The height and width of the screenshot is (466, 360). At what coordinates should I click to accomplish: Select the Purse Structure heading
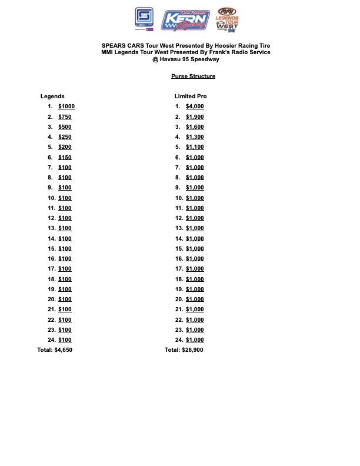pyautogui.click(x=194, y=76)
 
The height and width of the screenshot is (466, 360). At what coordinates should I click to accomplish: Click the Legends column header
pyautogui.click(x=52, y=96)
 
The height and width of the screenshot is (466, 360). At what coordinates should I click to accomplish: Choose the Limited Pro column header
pyautogui.click(x=191, y=96)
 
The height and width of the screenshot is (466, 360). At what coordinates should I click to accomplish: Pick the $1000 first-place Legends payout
pyautogui.click(x=66, y=106)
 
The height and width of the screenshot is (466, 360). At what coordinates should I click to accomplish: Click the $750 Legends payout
pyautogui.click(x=65, y=116)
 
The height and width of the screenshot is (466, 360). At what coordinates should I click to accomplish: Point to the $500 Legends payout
pyautogui.click(x=65, y=127)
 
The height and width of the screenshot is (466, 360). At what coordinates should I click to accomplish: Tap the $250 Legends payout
pyautogui.click(x=65, y=137)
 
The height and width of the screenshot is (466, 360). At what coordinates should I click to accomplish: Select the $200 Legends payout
pyautogui.click(x=65, y=147)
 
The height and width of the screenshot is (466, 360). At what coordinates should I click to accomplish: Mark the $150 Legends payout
pyautogui.click(x=65, y=157)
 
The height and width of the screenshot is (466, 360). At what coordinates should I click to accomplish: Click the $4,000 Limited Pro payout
pyautogui.click(x=195, y=106)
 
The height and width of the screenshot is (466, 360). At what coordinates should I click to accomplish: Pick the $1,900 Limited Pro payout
pyautogui.click(x=195, y=116)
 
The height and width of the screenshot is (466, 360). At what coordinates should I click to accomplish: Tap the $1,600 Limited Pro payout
pyautogui.click(x=195, y=127)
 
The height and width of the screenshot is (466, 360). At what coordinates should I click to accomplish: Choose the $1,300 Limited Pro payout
pyautogui.click(x=195, y=137)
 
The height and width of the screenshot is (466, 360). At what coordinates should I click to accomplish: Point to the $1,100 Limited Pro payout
pyautogui.click(x=195, y=147)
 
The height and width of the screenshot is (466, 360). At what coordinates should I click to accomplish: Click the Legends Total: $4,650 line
pyautogui.click(x=55, y=350)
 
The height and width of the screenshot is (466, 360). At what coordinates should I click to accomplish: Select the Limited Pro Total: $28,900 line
pyautogui.click(x=184, y=350)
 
